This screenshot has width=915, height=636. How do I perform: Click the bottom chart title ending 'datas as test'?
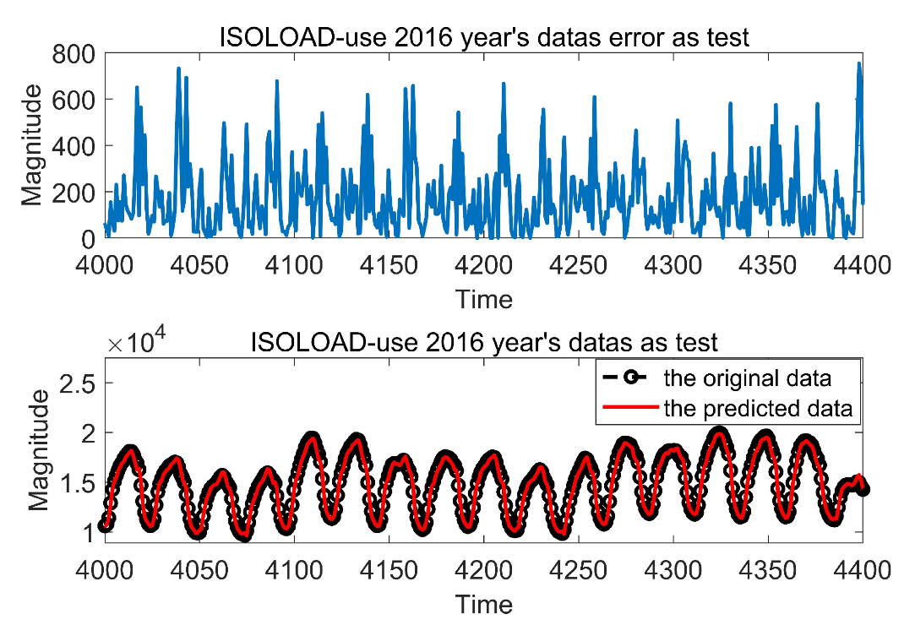point(483,342)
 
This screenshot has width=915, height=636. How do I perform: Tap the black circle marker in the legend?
point(629,377)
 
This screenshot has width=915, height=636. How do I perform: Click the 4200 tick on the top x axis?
point(483,266)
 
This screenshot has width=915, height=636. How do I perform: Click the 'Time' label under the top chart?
point(483,298)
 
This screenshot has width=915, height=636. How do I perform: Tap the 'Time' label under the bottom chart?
point(483,604)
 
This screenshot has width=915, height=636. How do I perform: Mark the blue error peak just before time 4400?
point(858,64)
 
